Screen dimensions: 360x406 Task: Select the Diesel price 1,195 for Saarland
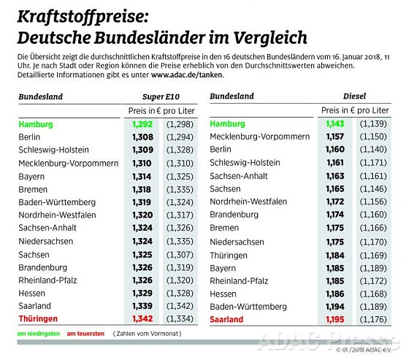point(334,319)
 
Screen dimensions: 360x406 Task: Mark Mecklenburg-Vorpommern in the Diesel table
point(259,137)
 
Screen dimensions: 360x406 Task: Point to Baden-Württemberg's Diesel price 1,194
point(334,307)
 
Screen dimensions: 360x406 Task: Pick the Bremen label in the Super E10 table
point(34,189)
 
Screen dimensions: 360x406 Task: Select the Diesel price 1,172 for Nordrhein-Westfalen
point(334,201)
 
